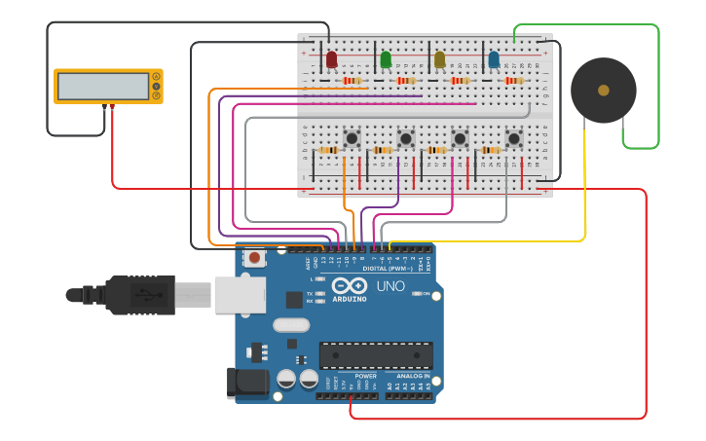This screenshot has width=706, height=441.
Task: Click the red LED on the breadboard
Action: coord(331,60)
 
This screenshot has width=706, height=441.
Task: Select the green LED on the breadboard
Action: coord(386,60)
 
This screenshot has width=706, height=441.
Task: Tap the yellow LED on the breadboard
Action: coord(439,60)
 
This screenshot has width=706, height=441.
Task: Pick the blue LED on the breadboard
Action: coord(494,60)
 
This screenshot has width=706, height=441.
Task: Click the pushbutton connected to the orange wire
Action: coord(353,138)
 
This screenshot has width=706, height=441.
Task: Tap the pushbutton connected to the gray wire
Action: coord(513,138)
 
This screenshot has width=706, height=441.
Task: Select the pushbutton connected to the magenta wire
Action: coord(460,138)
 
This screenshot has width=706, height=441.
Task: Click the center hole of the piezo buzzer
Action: coord(604,91)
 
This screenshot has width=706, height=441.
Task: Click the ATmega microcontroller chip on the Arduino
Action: coord(376,355)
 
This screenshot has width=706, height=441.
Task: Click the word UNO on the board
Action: coord(390,286)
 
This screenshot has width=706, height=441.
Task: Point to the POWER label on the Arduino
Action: coord(365,376)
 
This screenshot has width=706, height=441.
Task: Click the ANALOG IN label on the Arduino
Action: coord(412,376)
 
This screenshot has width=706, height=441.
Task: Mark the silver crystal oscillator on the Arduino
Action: coord(290,325)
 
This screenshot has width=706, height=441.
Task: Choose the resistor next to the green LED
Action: coord(405,81)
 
